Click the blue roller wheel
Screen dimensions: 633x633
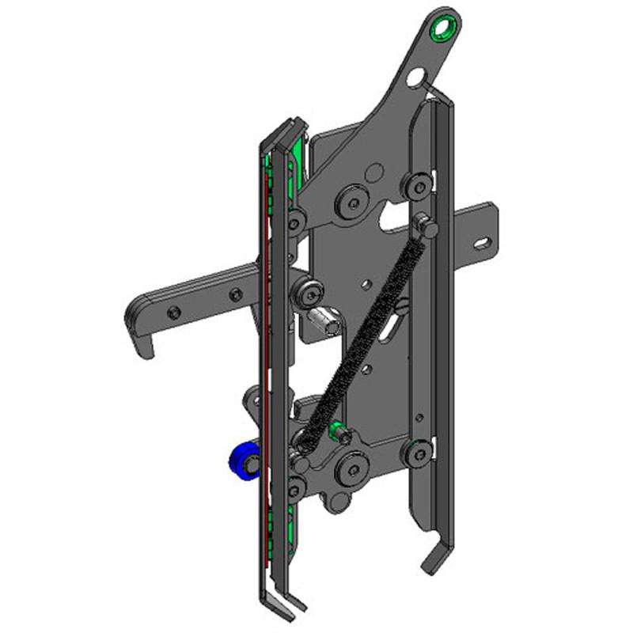click(241, 461)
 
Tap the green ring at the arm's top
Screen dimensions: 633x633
click(443, 28)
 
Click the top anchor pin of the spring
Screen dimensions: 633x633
click(428, 226)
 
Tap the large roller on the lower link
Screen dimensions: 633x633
click(349, 468)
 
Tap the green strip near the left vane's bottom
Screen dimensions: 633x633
click(294, 530)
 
